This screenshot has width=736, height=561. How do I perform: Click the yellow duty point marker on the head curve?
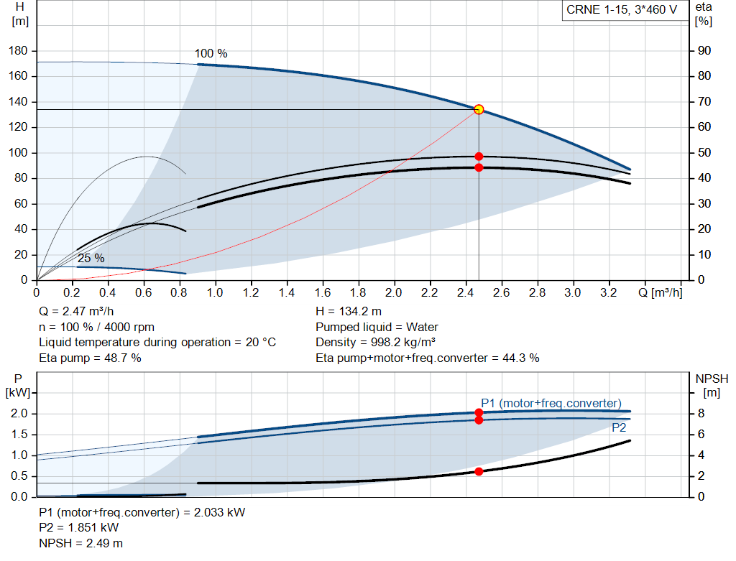coord(479,110)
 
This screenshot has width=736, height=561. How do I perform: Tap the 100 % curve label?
coord(211,54)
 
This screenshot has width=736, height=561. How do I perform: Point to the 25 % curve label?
coord(91,258)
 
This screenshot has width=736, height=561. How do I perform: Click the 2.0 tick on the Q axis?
coord(394,293)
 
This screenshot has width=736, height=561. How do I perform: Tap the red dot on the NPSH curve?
coord(479,471)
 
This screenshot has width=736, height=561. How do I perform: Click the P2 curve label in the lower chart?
coord(619,427)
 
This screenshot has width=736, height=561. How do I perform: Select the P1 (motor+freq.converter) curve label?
coord(551,403)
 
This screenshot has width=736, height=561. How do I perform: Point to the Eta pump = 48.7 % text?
coord(90,357)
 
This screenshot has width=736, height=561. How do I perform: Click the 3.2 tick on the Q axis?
coord(608,293)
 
